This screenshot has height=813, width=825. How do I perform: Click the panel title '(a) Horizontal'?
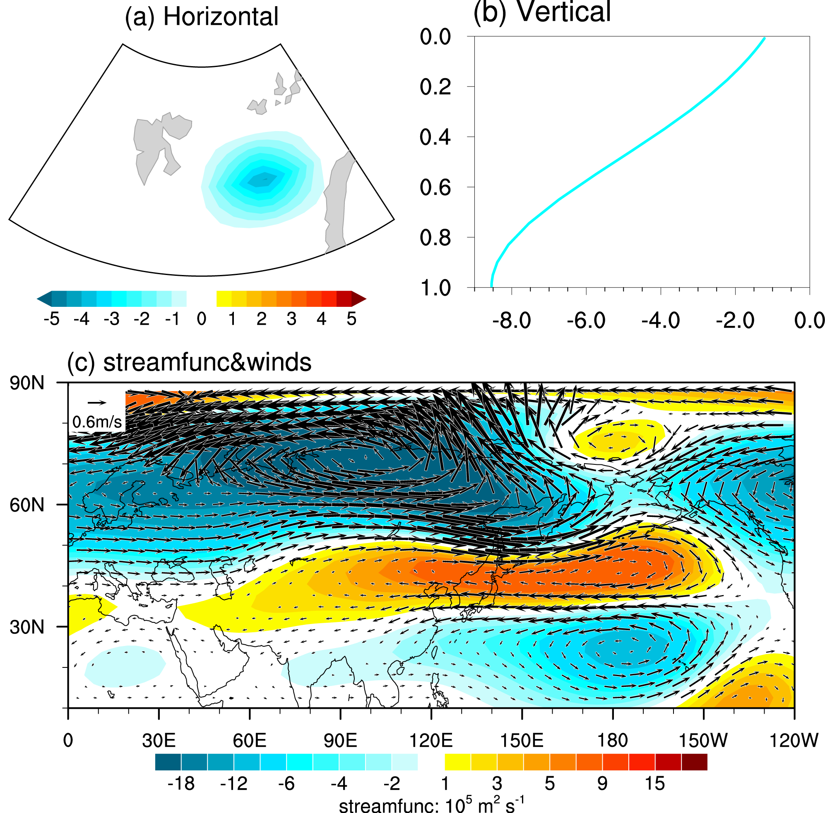202,17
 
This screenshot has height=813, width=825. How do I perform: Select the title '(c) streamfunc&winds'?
190,363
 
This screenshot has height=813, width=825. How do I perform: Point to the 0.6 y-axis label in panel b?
435,187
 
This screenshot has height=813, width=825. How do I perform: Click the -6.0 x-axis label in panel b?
586,320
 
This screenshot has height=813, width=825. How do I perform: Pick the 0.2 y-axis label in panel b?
435,87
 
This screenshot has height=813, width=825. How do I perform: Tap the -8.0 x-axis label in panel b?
511,320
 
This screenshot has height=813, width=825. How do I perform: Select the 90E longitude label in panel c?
340,741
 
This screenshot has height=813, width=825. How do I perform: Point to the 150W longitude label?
703,741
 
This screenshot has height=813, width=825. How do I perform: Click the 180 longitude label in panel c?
612,741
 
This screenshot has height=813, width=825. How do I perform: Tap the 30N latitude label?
27,627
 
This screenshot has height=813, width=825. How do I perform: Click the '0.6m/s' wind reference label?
97,422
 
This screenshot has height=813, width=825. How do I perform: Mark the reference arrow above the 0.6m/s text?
96,402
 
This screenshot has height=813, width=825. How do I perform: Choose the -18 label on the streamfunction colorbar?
181,784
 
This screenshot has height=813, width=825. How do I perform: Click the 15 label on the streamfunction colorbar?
654,784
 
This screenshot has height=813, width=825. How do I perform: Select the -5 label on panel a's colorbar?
52,319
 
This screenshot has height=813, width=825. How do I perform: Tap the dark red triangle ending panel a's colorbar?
359,299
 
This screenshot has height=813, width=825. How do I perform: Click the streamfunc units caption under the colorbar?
431,805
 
